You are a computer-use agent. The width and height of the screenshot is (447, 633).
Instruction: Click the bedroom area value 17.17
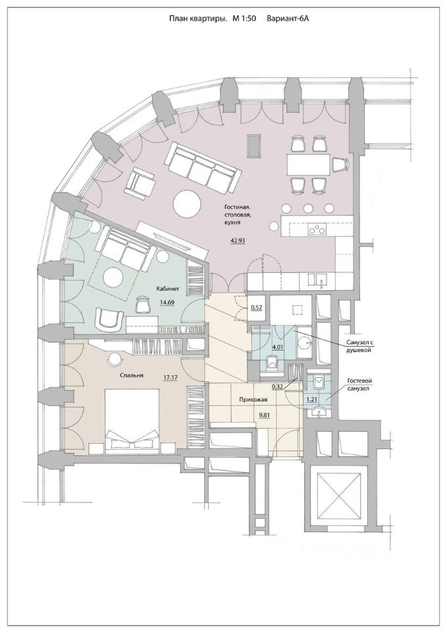click(169, 375)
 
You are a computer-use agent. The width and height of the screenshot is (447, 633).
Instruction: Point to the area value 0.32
click(277, 386)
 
